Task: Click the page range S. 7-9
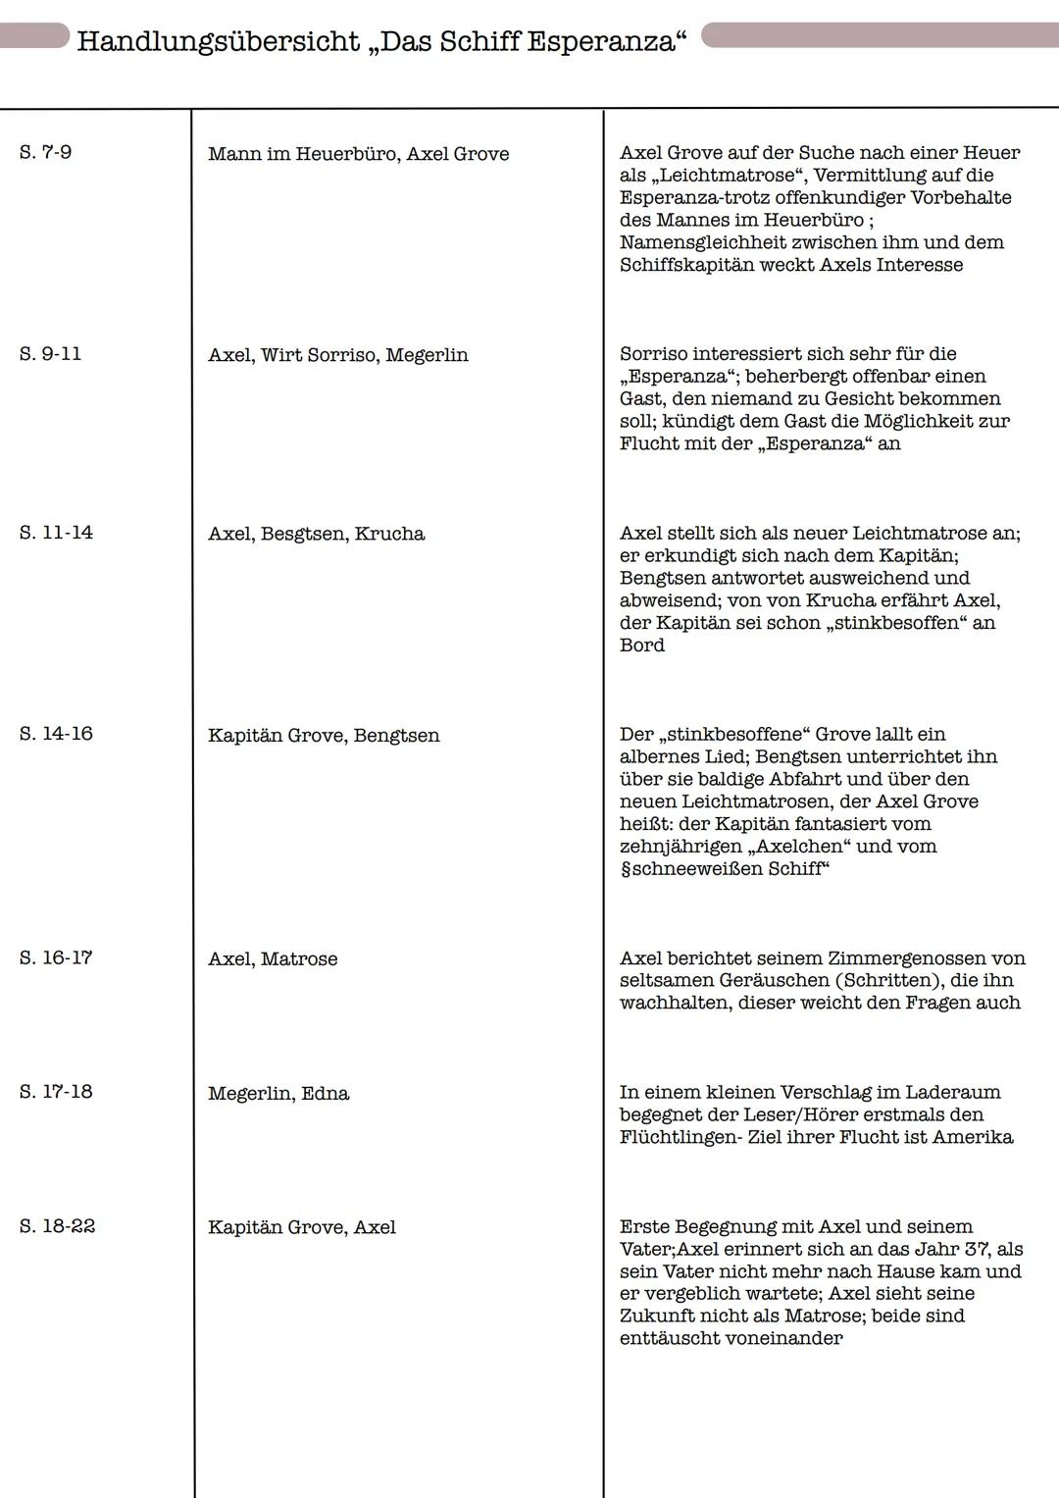tap(45, 153)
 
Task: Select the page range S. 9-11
tap(50, 354)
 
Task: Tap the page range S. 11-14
tap(56, 533)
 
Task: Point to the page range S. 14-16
tap(56, 734)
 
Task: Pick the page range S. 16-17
tap(56, 957)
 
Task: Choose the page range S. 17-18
tap(56, 1092)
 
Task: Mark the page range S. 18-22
tap(57, 1226)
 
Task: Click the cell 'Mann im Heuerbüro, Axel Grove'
tap(358, 154)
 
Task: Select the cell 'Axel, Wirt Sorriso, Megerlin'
tap(337, 355)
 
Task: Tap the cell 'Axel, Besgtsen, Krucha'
tap(316, 534)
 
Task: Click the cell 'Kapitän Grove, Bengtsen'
tap(324, 735)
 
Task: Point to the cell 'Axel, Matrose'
tap(273, 958)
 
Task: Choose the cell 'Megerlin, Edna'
tap(278, 1093)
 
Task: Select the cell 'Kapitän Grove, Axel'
tap(302, 1227)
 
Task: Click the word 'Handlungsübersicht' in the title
tap(218, 42)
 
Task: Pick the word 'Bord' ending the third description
tap(642, 646)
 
